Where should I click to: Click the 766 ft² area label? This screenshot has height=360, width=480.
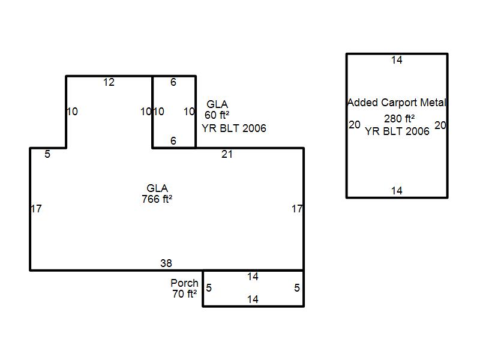point(157,199)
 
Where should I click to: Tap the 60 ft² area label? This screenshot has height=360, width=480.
point(217,115)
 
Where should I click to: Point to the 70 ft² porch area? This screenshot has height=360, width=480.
point(184,294)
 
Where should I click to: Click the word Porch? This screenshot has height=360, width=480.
point(184,283)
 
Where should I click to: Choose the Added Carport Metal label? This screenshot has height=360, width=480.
point(397,103)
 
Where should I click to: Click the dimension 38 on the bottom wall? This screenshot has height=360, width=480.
point(166,263)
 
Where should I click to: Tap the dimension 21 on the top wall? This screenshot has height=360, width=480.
point(227,155)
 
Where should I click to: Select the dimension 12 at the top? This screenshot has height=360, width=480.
point(109,83)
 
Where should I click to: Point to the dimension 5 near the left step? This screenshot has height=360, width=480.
point(47,155)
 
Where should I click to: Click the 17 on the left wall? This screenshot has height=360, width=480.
point(36,209)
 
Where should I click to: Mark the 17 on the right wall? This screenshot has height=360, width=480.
point(297,209)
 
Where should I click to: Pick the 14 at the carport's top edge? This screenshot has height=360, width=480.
point(397,60)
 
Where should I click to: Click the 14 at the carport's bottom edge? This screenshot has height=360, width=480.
point(397,191)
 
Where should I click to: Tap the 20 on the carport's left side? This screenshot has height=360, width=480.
point(355,125)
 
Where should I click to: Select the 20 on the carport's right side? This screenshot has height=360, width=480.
point(440,125)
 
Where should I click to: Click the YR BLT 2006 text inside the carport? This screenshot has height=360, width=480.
point(397,131)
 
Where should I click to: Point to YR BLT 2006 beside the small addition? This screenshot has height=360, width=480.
point(234,128)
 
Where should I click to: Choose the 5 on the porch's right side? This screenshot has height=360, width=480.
point(296,288)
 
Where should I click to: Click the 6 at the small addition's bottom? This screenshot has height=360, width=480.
point(173,141)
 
